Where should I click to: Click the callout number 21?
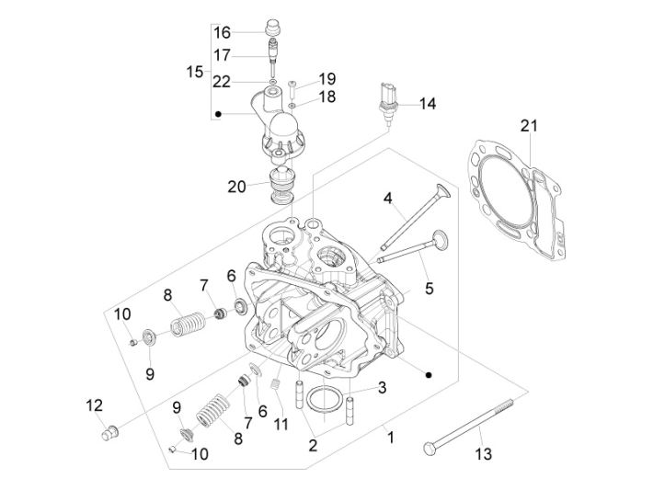[x=527, y=126]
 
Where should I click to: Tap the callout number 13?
[x=484, y=454]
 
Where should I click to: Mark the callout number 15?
[x=194, y=72]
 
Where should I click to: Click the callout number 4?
[x=388, y=198]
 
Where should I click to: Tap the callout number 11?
[x=281, y=424]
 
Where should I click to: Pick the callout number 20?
[x=237, y=187]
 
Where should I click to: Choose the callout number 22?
[x=222, y=82]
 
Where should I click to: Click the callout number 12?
[x=94, y=405]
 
